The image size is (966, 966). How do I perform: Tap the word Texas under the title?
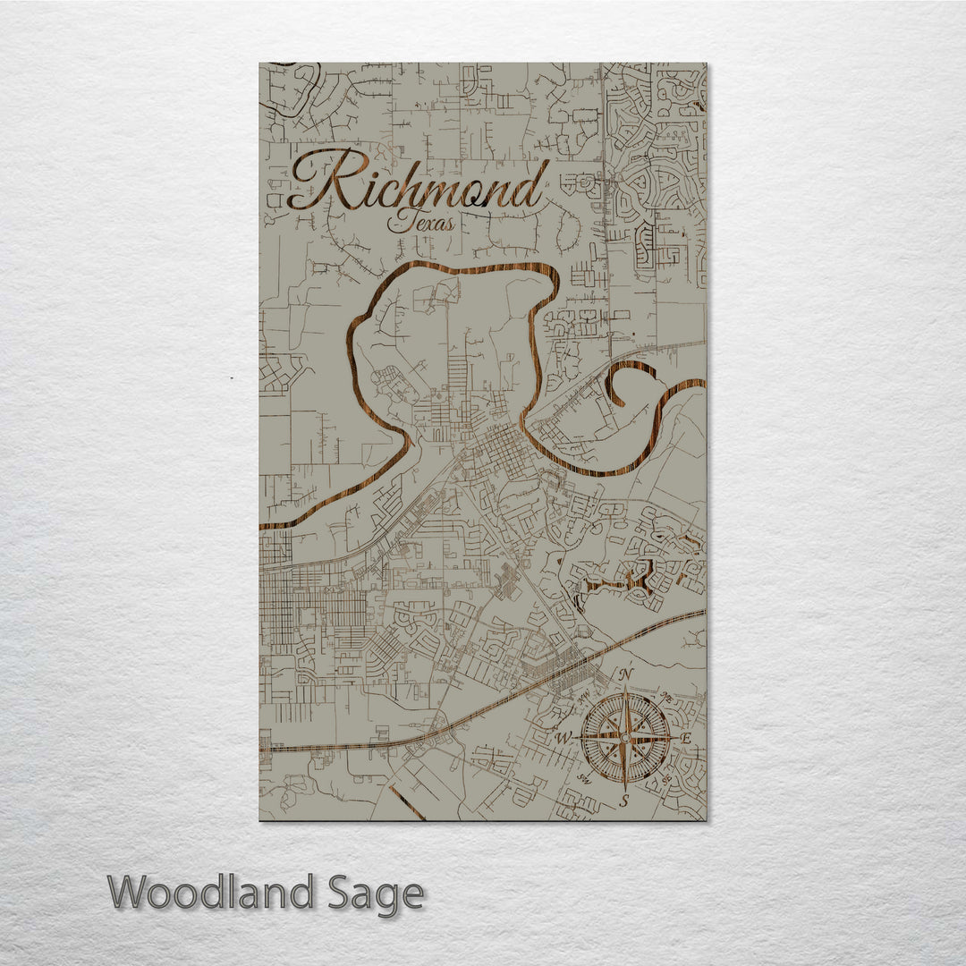pyautogui.click(x=420, y=222)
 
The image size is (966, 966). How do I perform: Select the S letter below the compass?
pyautogui.click(x=625, y=800)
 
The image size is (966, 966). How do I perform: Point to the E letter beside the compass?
pyautogui.click(x=687, y=739)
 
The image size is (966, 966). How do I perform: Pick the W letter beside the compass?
pyautogui.click(x=563, y=739)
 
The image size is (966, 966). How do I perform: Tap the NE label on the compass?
pyautogui.click(x=665, y=697)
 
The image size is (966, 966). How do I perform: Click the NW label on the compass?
pyautogui.click(x=585, y=697)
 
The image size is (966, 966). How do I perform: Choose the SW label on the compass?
pyautogui.click(x=585, y=778)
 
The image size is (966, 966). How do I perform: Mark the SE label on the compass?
pyautogui.click(x=666, y=778)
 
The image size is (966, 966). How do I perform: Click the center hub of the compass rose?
pyautogui.click(x=625, y=737)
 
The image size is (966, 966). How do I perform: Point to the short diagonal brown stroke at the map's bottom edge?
pyautogui.click(x=407, y=803)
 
